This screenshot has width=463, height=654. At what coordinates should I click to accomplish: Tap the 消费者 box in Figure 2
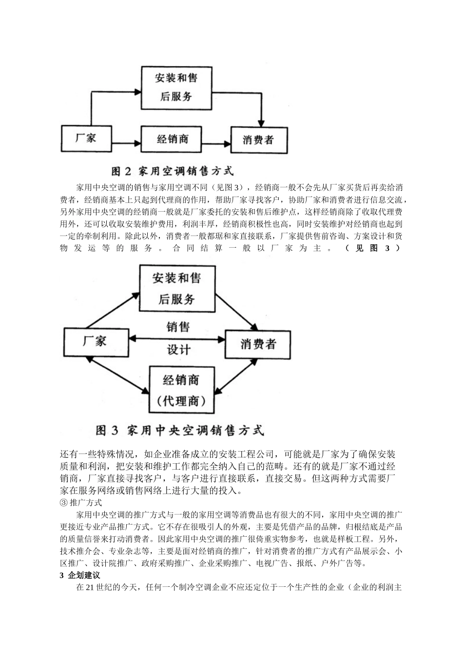259,140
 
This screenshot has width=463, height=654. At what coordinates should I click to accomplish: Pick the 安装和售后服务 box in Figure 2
176,87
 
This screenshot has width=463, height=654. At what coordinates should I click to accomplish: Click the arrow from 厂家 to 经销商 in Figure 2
126,143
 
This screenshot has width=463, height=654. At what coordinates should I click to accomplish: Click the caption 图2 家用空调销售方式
173,171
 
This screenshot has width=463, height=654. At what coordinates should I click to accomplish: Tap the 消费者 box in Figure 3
258,344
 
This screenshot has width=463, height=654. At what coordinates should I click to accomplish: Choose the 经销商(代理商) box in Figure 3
181,390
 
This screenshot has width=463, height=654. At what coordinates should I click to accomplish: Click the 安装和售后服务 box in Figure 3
176,288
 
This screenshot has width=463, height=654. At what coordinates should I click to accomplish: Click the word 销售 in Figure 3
177,327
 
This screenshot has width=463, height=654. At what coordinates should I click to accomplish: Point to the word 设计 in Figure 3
178,350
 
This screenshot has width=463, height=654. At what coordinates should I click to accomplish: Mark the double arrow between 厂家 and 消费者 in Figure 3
176,339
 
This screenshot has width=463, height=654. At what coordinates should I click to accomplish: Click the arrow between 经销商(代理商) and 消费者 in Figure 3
236,375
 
